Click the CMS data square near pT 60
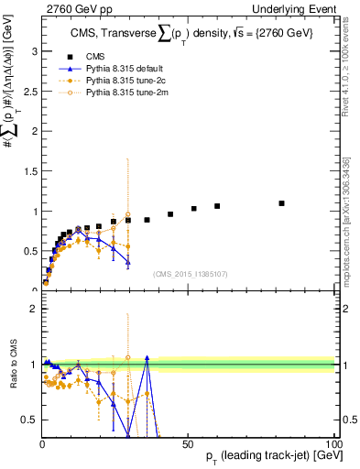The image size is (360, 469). click(217, 206)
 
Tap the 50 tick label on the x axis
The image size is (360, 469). click(188, 442)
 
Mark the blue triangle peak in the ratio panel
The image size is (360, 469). click(147, 358)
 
